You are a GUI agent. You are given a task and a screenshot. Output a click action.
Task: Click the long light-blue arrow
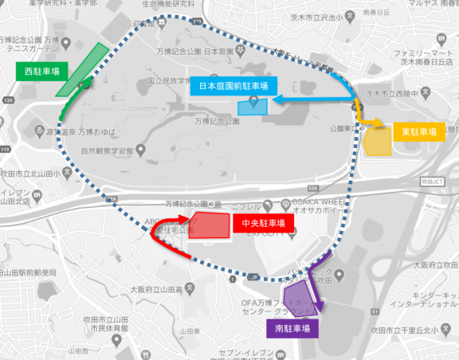coord(315,101)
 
